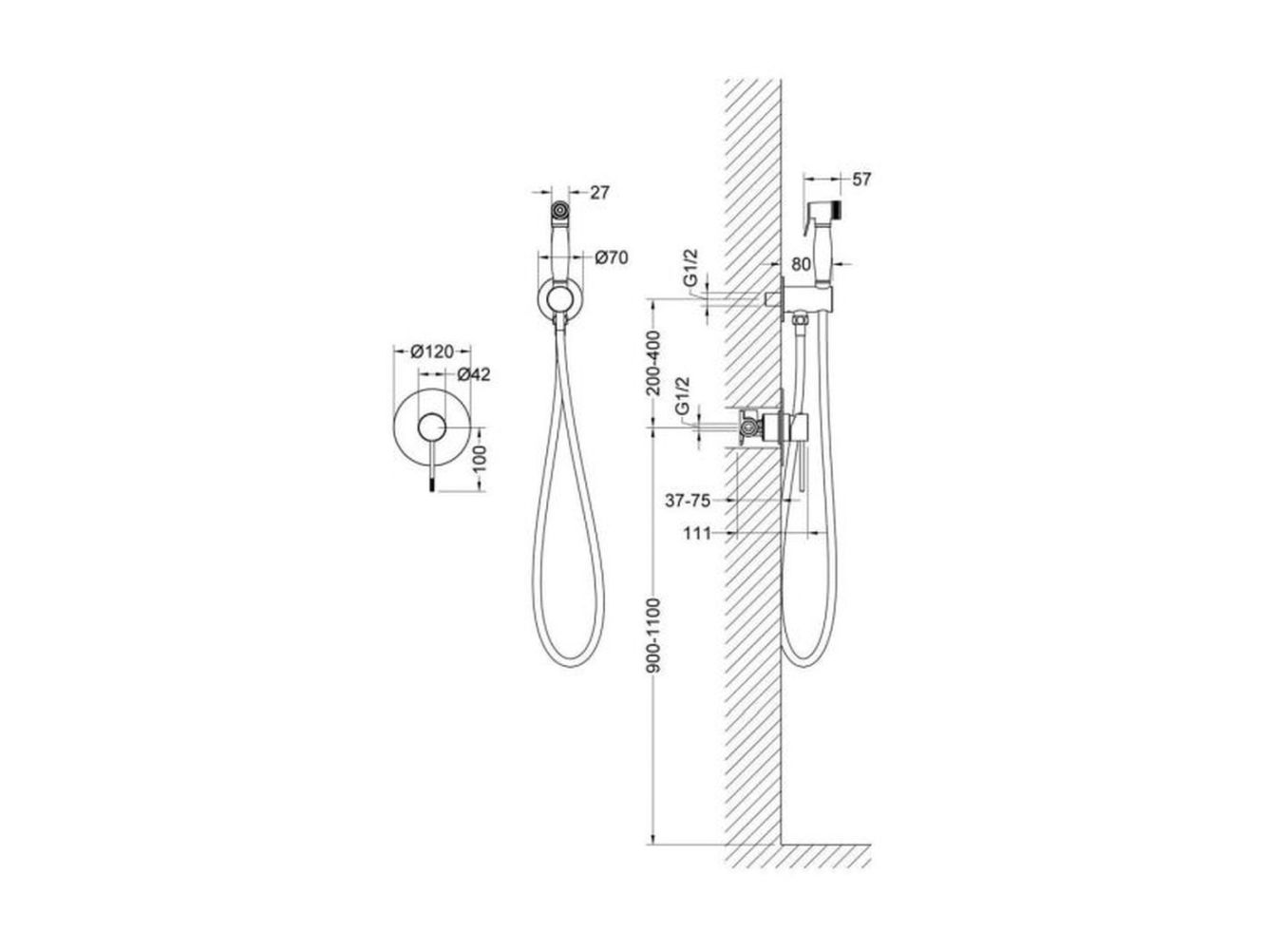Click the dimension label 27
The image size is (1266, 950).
(599, 193)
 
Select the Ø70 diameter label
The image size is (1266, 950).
(612, 257)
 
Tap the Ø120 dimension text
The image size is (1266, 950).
(431, 351)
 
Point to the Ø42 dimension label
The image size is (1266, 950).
(474, 375)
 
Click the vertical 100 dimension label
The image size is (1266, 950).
(480, 459)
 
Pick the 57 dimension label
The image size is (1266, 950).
(861, 180)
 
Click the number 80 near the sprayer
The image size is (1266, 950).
(802, 264)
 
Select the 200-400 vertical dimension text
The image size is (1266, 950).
(652, 363)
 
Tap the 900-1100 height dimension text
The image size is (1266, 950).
(652, 636)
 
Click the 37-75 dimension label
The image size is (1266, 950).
(688, 501)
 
